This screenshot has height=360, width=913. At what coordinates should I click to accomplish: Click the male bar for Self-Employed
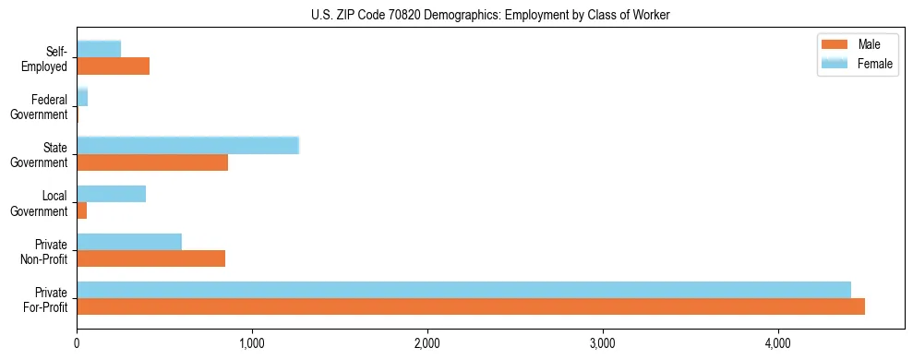(x=113, y=66)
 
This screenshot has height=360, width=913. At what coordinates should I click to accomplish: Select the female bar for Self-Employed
(x=99, y=49)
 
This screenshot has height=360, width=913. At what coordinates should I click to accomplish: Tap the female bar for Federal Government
(x=82, y=97)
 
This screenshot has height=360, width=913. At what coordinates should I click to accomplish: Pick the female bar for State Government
(x=187, y=145)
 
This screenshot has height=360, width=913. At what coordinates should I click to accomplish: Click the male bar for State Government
(x=152, y=162)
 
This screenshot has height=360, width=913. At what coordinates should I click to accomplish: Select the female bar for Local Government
(x=111, y=194)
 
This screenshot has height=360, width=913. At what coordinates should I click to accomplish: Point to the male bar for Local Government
(x=82, y=211)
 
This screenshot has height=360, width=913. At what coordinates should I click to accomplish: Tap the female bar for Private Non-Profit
(x=129, y=242)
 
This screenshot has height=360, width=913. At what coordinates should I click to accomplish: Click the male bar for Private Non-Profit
(x=150, y=259)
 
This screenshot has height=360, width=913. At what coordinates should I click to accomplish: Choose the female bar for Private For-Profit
(x=463, y=290)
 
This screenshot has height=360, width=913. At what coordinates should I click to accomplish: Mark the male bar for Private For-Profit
(x=471, y=307)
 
